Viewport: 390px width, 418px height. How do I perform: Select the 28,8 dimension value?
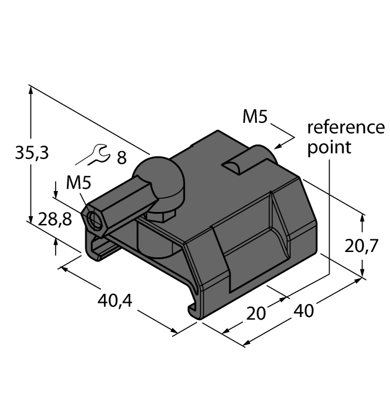point(55,220)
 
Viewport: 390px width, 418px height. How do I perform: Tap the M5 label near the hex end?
point(81,182)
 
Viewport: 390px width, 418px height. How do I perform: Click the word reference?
point(346,127)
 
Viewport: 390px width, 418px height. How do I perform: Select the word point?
point(330,147)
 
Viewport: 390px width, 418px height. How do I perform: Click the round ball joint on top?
point(158,180)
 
